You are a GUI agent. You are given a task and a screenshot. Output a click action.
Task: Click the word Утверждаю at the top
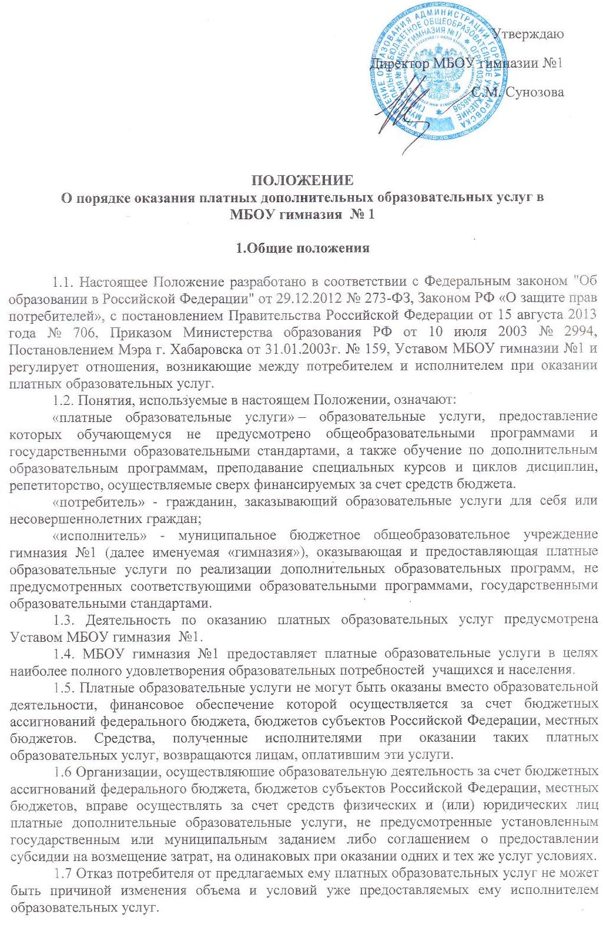point(527,34)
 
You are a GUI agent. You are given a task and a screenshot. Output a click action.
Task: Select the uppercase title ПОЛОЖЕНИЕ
point(302,180)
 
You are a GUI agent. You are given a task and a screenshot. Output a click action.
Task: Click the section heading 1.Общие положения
point(302,248)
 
